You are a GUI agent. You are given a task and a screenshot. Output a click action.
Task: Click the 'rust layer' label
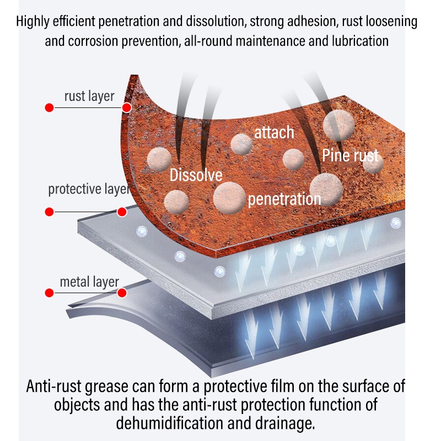(x=89, y=96)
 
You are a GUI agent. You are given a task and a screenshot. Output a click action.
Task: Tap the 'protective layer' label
(x=88, y=189)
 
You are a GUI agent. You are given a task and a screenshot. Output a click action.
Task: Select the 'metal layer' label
(x=89, y=282)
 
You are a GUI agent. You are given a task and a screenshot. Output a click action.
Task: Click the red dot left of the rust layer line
(x=49, y=107)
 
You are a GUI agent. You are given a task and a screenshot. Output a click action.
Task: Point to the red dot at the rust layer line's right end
(x=126, y=107)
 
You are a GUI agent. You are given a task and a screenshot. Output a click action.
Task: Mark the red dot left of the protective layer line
(x=49, y=211)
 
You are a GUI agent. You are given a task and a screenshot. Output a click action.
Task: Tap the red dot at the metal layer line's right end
(x=122, y=292)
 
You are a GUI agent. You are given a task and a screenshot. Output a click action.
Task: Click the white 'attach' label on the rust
(x=274, y=133)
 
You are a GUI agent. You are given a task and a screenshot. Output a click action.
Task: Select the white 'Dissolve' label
(x=196, y=175)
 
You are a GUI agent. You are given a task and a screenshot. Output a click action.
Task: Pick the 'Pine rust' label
(x=351, y=155)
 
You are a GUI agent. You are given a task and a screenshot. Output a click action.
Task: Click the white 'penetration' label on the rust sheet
(x=284, y=198)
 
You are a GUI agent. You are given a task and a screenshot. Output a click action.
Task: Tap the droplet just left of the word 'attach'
(x=241, y=144)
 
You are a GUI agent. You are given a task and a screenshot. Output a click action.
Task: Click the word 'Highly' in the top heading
(x=33, y=23)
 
